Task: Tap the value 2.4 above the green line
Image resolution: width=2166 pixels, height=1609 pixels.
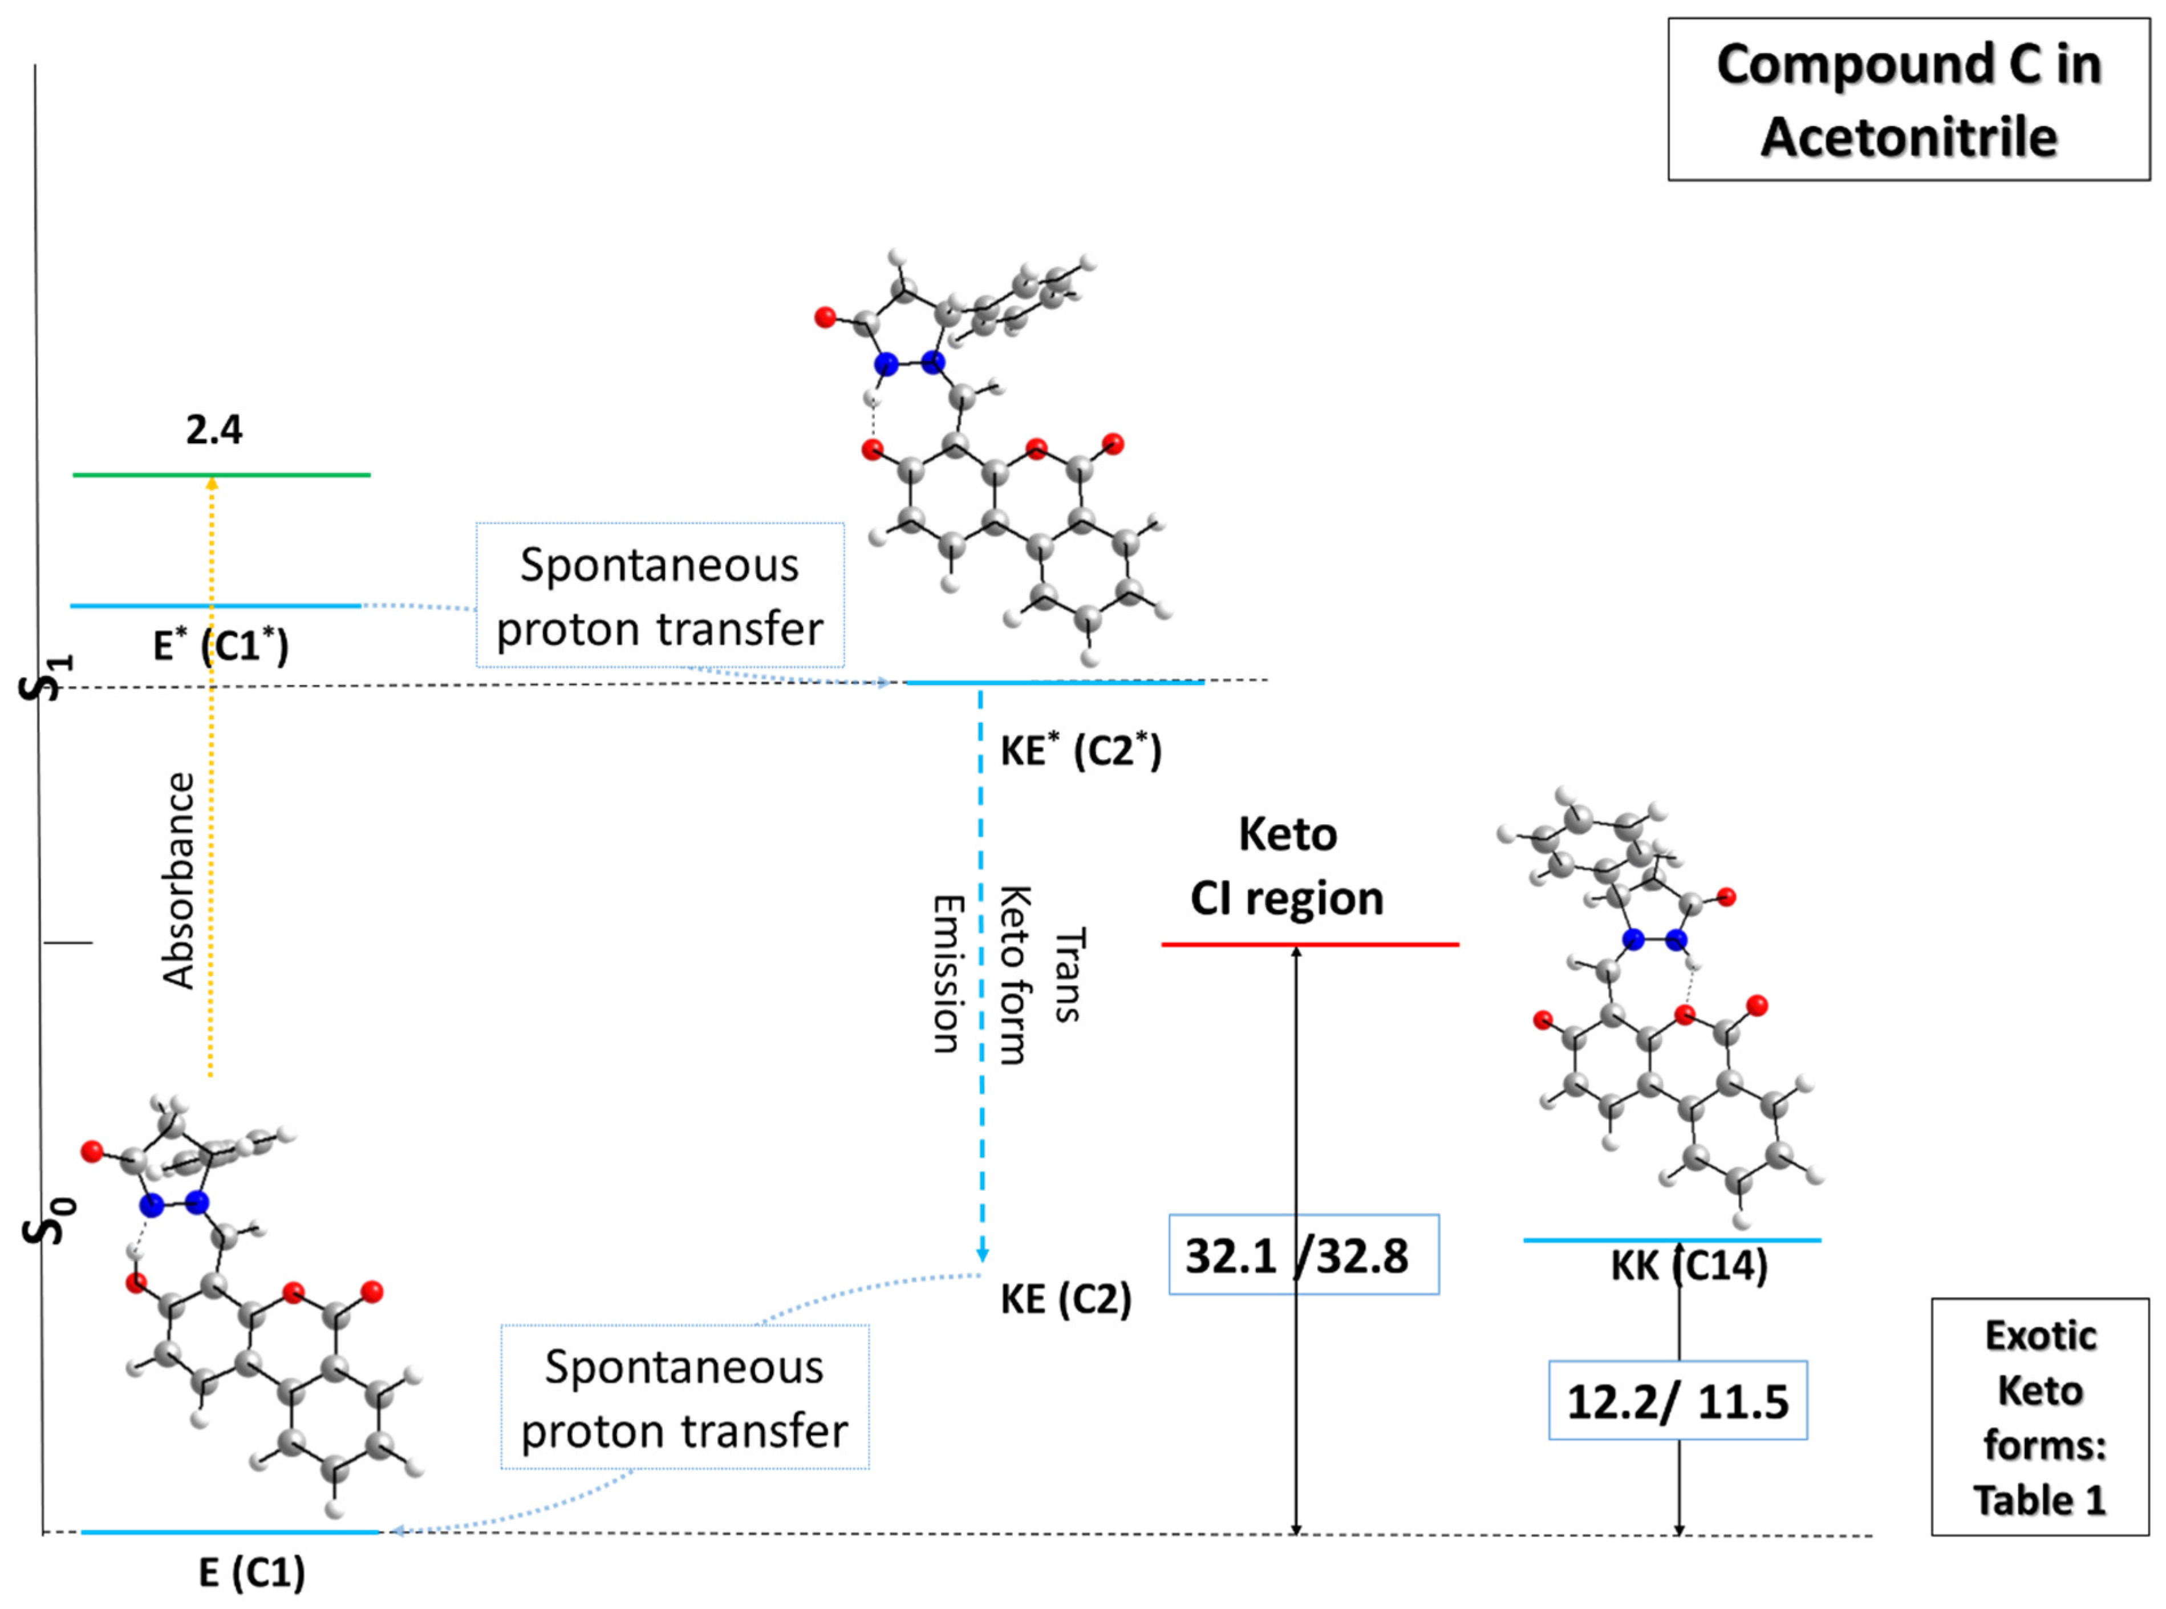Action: (214, 429)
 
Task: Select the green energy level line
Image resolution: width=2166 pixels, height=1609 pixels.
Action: (292, 475)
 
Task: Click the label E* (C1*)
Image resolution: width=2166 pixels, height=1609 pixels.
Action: (221, 645)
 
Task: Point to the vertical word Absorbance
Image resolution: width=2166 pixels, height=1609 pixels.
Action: (179, 881)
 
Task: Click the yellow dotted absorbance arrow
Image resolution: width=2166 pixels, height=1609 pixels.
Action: (212, 779)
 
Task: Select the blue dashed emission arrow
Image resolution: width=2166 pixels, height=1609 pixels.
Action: (981, 974)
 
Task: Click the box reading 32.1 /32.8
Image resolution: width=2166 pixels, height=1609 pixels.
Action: (1303, 1254)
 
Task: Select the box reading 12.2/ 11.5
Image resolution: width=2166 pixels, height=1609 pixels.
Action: (1677, 1401)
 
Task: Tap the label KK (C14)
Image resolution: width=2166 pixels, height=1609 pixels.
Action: (1689, 1266)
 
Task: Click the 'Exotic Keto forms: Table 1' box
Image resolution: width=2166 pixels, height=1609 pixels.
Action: (2039, 1417)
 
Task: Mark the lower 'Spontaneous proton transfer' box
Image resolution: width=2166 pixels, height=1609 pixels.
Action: (685, 1397)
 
